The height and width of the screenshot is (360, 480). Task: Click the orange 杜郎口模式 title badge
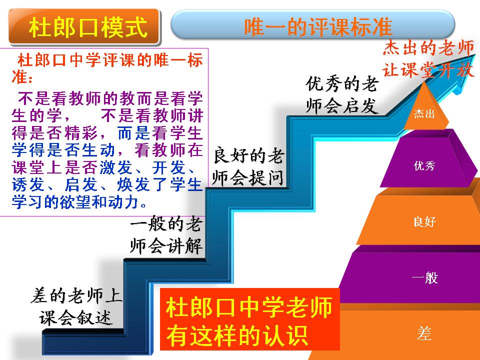point(84,27)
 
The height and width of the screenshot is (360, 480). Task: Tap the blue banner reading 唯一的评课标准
point(312,25)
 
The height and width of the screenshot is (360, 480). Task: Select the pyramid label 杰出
point(424,113)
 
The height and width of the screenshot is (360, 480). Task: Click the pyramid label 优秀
point(424,165)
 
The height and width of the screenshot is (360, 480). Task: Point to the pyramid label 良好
point(424,221)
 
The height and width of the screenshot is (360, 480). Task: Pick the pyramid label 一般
point(425,277)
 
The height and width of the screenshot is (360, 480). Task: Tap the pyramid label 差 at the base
point(424,333)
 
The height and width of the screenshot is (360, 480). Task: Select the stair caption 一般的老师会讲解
point(166,235)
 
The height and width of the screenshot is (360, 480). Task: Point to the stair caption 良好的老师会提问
point(248,166)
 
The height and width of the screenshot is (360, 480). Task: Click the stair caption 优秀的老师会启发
point(342,95)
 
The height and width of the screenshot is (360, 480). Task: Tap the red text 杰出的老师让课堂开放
point(428,59)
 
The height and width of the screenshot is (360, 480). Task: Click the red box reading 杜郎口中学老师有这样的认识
point(250,319)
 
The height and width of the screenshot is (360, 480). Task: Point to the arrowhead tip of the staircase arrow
point(475,54)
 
